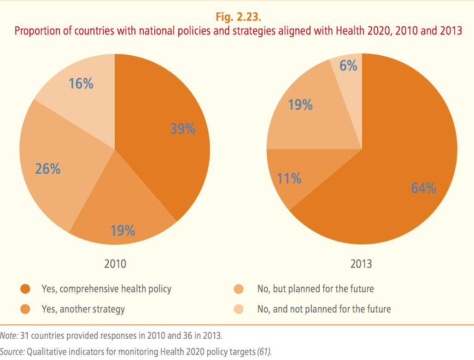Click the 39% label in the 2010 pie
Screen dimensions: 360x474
coord(183,129)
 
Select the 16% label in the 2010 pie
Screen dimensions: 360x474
coord(81,84)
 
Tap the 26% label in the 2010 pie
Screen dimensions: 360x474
coord(48,169)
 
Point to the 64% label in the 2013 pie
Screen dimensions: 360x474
coord(424,189)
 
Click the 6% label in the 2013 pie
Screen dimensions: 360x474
coord(349,66)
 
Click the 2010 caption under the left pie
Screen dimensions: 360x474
coord(115,264)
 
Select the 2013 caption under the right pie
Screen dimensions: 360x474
coord(361,264)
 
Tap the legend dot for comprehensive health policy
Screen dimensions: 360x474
coord(25,289)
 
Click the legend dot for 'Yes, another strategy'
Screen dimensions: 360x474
coord(25,309)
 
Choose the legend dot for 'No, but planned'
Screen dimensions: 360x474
coord(239,289)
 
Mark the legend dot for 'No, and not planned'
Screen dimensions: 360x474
coord(239,309)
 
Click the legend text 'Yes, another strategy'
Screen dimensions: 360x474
coord(83,309)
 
